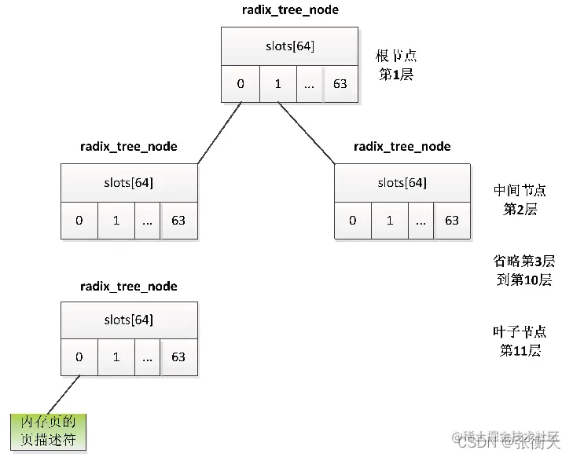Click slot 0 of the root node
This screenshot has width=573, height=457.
(241, 83)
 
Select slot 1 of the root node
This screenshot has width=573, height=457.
(277, 83)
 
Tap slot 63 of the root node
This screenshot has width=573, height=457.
(340, 83)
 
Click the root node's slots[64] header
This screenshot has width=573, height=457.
(290, 46)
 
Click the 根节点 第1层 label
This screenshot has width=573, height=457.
(396, 65)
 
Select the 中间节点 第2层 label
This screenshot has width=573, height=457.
(520, 200)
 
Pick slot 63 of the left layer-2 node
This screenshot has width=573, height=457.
(178, 221)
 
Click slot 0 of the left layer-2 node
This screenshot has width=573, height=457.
(79, 221)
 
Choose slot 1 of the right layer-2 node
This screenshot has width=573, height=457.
(390, 221)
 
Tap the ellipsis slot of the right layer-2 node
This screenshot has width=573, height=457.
(421, 221)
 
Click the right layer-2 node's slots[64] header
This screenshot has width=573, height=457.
(402, 183)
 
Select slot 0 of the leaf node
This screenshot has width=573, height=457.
(79, 357)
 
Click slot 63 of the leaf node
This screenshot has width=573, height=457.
(178, 357)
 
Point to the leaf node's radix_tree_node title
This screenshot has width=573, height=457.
(129, 287)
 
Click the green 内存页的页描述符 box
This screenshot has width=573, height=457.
(48, 432)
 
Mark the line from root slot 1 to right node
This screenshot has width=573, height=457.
(307, 132)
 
